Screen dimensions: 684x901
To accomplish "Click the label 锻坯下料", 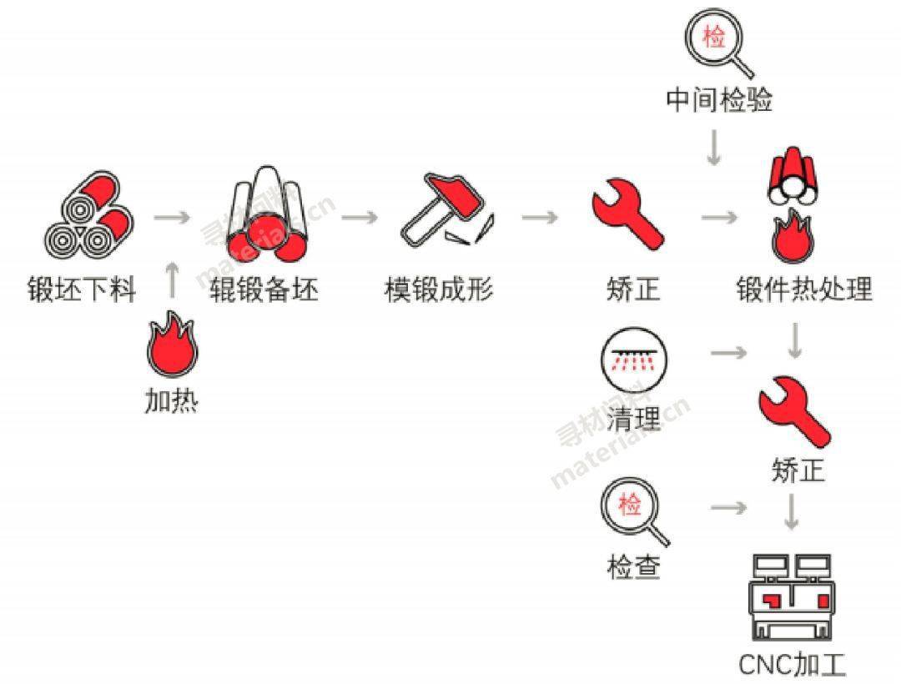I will (81, 290).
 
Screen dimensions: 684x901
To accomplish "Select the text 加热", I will (171, 401).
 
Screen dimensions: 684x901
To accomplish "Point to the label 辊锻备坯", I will (264, 290).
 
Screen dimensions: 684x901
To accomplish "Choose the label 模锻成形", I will (439, 290).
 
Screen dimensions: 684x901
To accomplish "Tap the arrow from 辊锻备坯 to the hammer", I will (360, 217).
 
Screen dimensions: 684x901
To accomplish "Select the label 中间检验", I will (719, 100).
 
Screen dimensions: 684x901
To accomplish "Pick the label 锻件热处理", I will (804, 290).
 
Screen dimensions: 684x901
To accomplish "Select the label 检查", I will (633, 567).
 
